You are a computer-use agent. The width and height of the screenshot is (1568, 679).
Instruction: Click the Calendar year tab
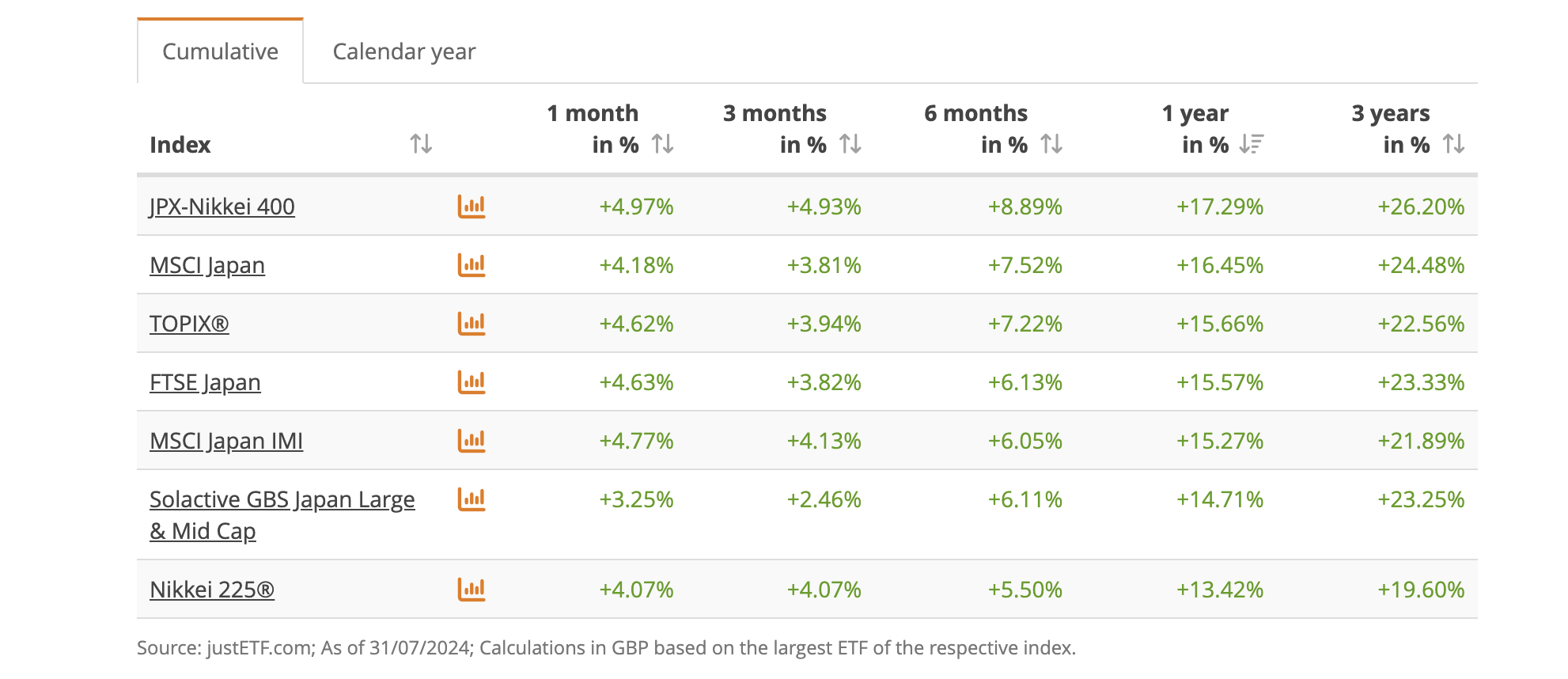(404, 51)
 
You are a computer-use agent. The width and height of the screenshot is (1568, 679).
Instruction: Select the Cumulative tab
(220, 51)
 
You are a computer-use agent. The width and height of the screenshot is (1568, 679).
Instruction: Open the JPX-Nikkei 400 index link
(222, 207)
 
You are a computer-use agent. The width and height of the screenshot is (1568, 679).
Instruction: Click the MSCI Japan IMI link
(226, 441)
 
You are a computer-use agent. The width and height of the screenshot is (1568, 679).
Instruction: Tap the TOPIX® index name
(189, 324)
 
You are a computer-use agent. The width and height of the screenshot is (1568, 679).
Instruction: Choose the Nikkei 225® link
(212, 590)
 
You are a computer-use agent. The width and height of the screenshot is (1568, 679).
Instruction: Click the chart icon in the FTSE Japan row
(472, 382)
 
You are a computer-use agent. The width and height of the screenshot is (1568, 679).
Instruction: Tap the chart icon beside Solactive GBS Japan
(472, 499)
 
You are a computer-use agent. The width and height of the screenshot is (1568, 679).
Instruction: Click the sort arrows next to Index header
(421, 144)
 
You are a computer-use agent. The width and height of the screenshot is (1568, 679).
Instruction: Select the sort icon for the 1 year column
(1252, 144)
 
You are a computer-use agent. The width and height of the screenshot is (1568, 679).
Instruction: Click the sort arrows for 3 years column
(1454, 144)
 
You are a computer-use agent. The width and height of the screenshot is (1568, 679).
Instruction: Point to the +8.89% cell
(1025, 207)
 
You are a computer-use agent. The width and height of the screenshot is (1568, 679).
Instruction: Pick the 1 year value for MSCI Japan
(1220, 265)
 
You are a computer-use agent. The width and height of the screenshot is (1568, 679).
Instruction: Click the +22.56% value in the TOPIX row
(1421, 324)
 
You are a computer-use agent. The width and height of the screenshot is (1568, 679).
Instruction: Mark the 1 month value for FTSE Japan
(636, 382)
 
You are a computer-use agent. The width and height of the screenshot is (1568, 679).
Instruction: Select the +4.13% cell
(824, 441)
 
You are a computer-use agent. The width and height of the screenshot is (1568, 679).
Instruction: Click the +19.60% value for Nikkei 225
(1421, 590)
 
